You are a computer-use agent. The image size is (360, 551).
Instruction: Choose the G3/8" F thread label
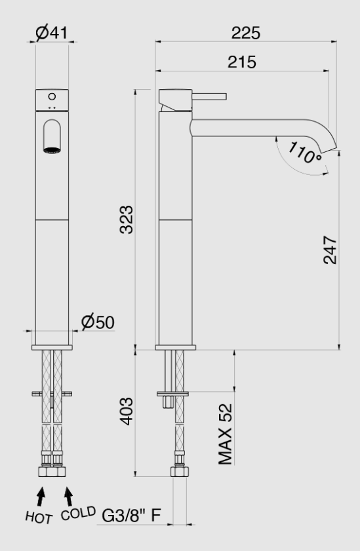pyautogui.click(x=132, y=516)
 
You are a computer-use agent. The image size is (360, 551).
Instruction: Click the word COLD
pyautogui.click(x=78, y=512)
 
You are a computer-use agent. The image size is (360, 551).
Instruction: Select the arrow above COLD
pyautogui.click(x=68, y=493)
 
